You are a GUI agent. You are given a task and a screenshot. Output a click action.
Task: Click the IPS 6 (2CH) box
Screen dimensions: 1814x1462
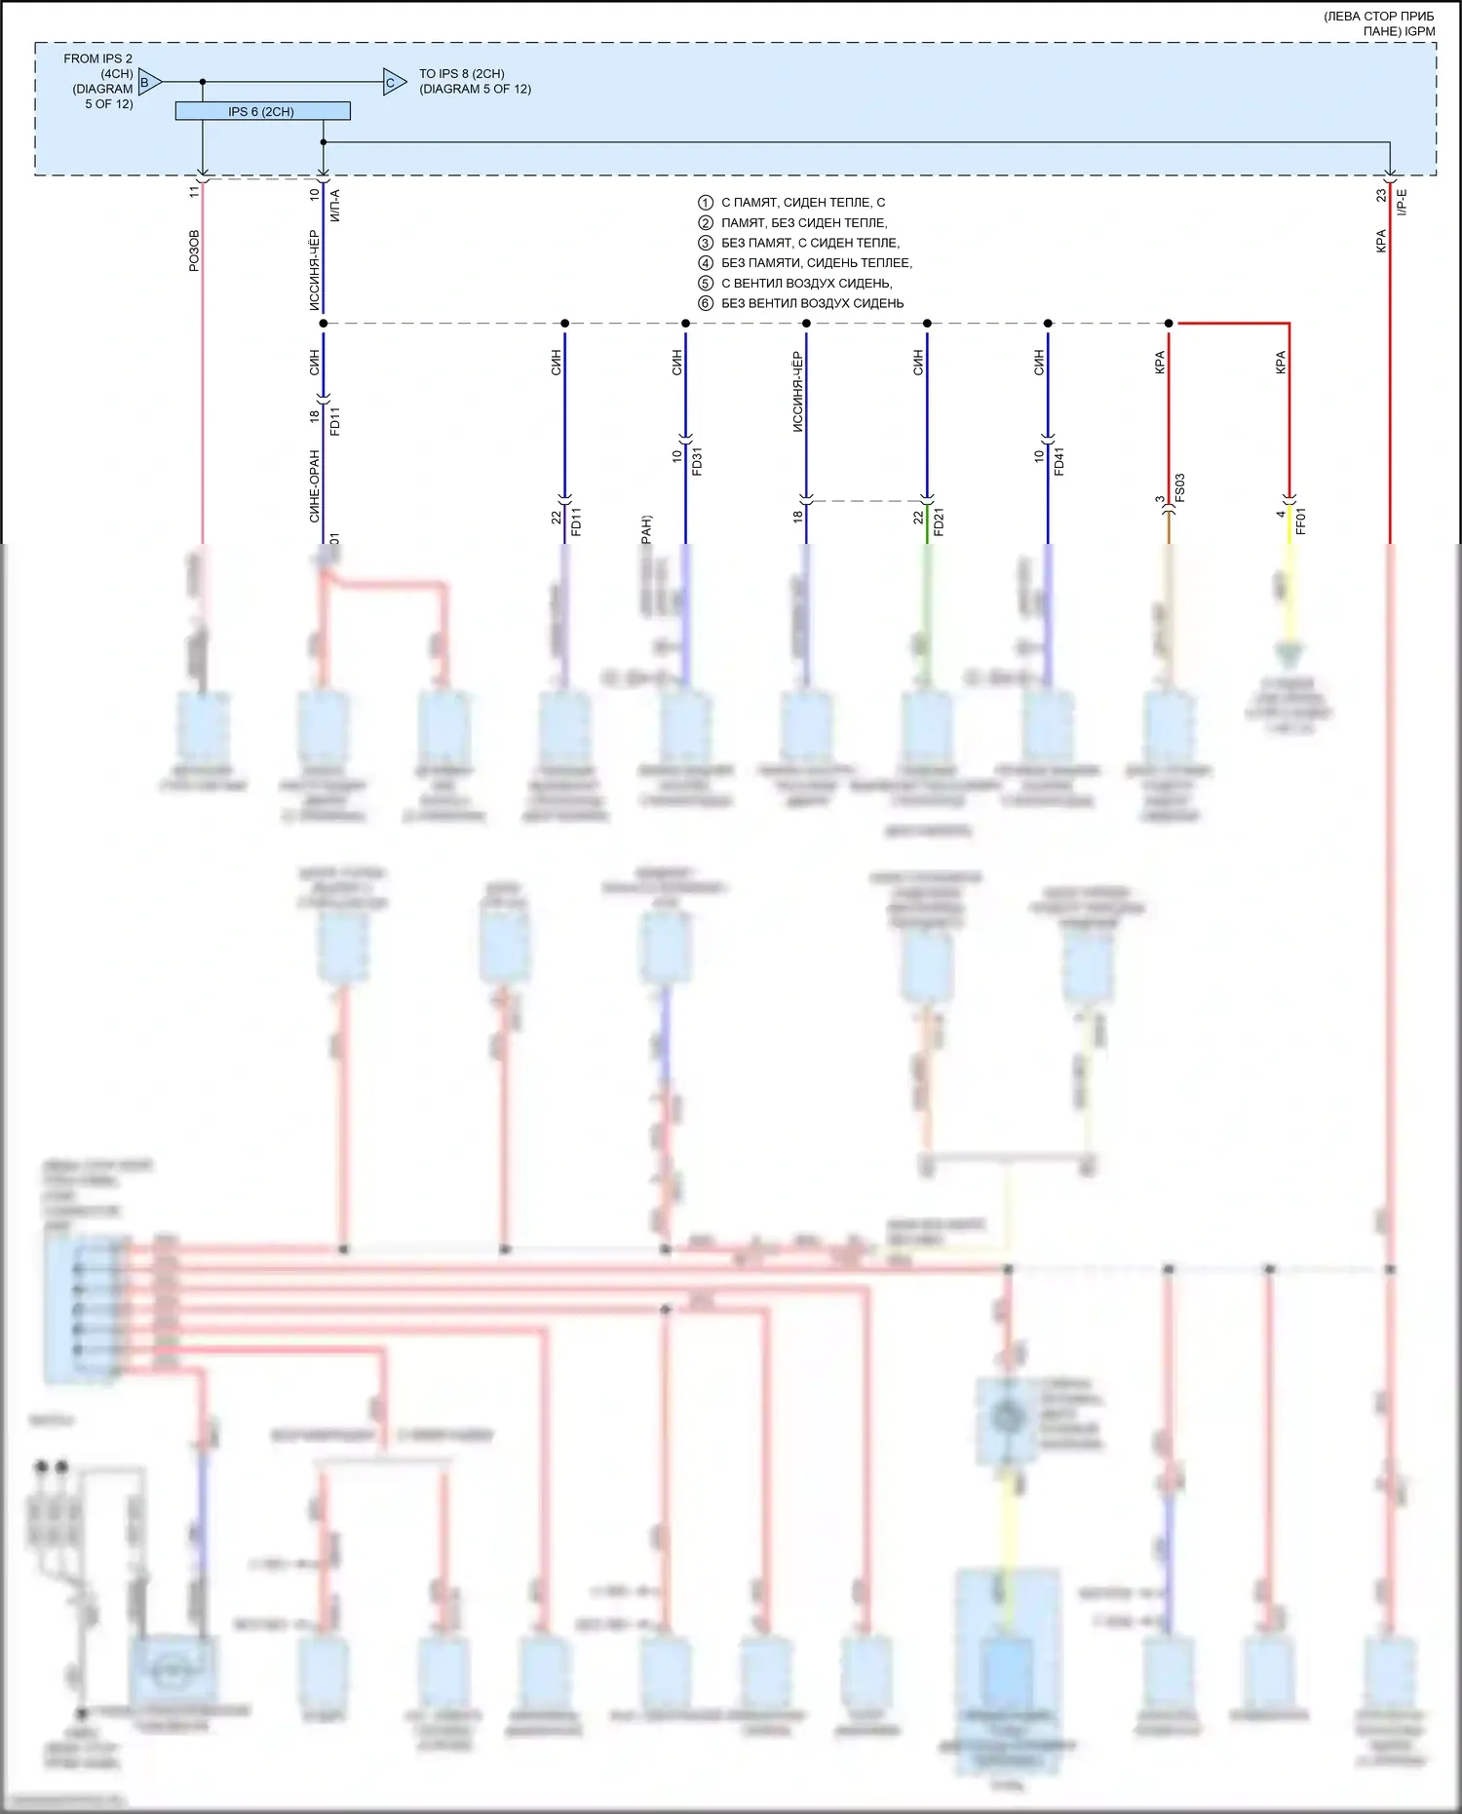coord(262,111)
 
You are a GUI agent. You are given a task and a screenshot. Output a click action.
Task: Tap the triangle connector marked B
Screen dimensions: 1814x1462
coord(148,82)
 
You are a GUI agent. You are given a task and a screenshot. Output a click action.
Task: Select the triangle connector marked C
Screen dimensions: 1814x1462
coord(393,83)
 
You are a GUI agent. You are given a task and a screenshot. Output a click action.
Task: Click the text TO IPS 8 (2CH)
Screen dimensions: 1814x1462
coord(462,74)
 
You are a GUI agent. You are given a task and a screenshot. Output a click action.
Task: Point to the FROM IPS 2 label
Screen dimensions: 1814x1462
coord(97,58)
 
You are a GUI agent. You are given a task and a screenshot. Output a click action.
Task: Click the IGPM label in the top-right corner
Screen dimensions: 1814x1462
coord(1418,31)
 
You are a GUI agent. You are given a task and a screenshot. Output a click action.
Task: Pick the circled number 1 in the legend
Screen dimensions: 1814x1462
coord(706,203)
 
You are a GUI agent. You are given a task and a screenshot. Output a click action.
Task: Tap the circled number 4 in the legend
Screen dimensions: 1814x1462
coord(706,263)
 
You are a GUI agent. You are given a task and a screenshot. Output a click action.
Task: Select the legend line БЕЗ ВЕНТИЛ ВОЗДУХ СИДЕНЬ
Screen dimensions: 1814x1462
coord(812,303)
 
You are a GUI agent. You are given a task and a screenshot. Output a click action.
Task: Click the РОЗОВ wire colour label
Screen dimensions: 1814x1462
coord(194,251)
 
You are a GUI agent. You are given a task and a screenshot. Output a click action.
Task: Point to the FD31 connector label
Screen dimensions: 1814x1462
coord(697,461)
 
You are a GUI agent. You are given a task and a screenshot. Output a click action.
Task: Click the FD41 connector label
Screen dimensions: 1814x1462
coord(1059,461)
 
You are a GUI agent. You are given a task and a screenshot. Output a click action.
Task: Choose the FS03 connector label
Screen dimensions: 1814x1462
coord(1179,487)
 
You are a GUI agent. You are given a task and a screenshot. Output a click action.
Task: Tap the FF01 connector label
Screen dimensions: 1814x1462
coord(1300,521)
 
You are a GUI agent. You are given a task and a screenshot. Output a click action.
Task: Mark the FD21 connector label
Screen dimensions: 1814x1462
coord(939,521)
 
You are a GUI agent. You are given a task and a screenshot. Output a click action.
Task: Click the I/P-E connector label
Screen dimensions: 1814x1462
coord(1403,202)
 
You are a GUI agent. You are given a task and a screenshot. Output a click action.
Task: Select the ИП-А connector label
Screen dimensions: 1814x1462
coord(335,205)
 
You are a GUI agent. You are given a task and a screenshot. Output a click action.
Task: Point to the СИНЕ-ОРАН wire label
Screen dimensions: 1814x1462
coord(315,485)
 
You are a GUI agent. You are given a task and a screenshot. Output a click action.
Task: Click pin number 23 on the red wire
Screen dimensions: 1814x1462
coord(1381,195)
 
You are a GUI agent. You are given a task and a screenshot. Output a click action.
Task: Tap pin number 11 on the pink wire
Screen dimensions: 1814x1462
coord(194,192)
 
